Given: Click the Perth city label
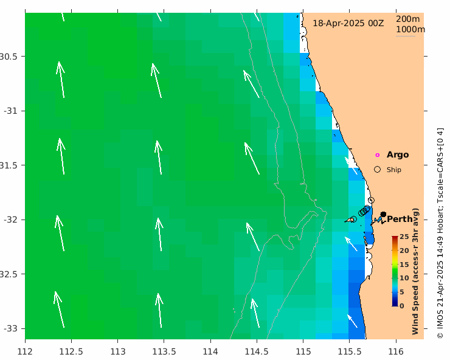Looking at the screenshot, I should (400, 219).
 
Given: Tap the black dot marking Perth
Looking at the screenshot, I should (383, 214).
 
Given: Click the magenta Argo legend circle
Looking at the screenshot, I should (377, 155).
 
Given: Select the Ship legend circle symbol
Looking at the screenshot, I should (377, 170).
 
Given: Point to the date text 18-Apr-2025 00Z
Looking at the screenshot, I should (348, 23).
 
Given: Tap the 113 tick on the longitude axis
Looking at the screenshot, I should (118, 351).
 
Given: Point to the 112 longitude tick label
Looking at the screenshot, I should (26, 351).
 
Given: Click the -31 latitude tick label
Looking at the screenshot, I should (11, 111).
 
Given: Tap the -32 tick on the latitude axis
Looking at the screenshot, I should (11, 220).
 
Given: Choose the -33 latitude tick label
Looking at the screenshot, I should (11, 328).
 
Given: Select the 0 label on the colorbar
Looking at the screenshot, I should (401, 306).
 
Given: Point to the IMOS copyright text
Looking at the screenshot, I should (440, 233).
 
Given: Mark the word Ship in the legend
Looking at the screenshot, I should (394, 170).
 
